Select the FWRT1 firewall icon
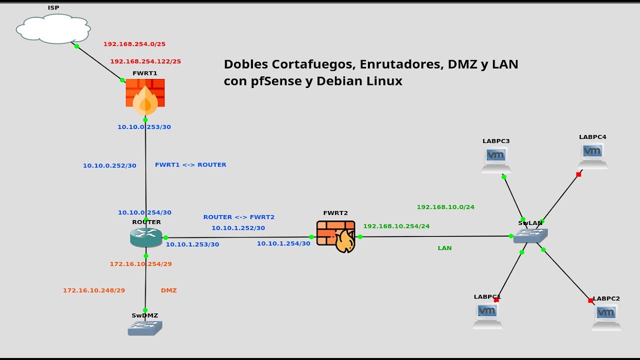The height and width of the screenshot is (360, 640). click(145, 96)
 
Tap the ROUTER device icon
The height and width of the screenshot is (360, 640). click(146, 237)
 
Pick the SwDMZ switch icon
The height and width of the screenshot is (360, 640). click(145, 328)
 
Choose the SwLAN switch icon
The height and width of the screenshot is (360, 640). click(530, 235)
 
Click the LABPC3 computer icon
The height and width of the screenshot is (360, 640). click(496, 159)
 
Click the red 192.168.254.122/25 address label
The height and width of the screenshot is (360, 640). click(145, 61)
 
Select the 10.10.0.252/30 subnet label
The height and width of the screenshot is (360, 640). click(109, 165)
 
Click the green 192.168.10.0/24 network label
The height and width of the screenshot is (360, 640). click(445, 207)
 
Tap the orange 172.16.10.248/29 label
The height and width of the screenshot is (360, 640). click(94, 290)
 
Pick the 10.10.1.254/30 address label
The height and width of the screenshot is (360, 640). click(283, 243)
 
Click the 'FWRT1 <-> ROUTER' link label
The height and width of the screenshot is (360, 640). click(190, 165)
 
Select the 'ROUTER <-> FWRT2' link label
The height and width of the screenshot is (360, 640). click(238, 217)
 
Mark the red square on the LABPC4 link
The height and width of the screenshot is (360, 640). click(578, 174)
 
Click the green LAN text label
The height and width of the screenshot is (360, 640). click(444, 248)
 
